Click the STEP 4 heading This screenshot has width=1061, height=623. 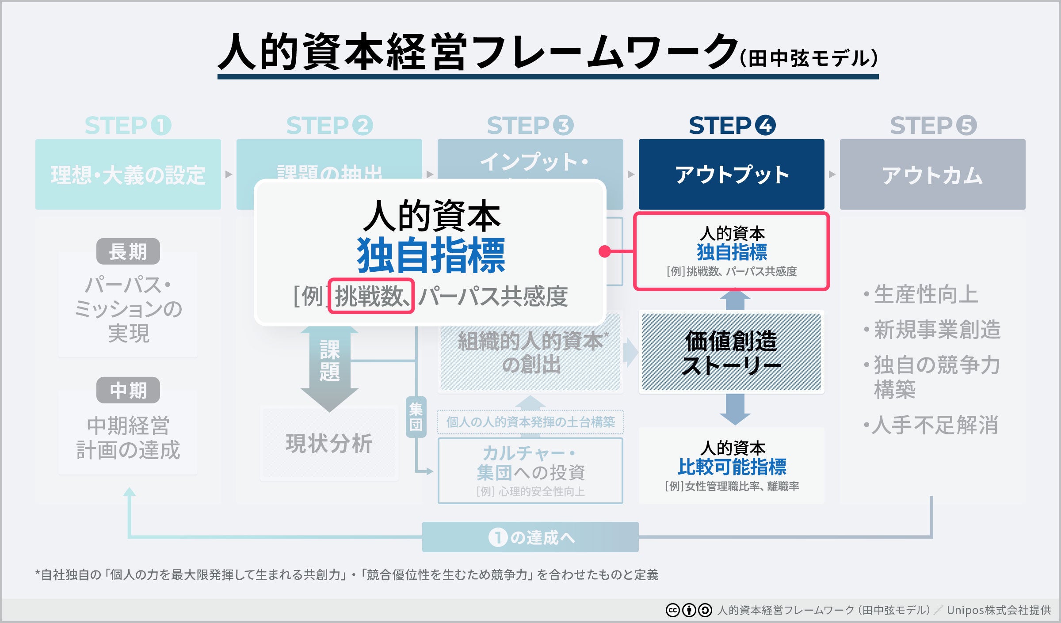[732, 125]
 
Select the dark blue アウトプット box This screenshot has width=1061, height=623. [732, 175]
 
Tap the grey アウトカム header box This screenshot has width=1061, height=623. [932, 175]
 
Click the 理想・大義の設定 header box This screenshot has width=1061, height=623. [128, 175]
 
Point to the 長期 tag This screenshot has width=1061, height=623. [128, 252]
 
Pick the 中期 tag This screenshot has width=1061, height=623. [128, 390]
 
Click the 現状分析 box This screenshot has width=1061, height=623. [329, 443]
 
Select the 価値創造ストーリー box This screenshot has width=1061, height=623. [732, 352]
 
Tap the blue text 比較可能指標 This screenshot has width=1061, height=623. [732, 467]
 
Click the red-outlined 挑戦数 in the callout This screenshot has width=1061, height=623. [371, 296]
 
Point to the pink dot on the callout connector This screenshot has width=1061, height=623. [604, 251]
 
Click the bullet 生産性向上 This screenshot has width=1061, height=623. [926, 294]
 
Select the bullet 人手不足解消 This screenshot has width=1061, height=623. [935, 425]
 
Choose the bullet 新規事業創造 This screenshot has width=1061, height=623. [937, 330]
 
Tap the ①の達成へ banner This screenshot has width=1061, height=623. [530, 537]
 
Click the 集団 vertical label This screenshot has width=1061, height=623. [416, 417]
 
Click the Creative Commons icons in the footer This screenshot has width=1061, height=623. [688, 610]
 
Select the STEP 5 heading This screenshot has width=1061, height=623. [933, 125]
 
